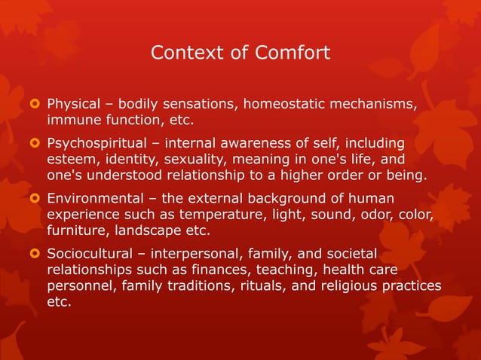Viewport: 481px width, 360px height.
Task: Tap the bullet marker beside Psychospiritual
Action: click(32, 142)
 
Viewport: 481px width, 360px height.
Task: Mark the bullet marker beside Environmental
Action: click(32, 198)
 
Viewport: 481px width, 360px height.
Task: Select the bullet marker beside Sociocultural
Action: click(32, 253)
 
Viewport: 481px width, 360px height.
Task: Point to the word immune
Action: click(72, 120)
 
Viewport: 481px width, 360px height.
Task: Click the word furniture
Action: click(78, 231)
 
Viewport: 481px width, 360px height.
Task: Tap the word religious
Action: click(354, 287)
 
